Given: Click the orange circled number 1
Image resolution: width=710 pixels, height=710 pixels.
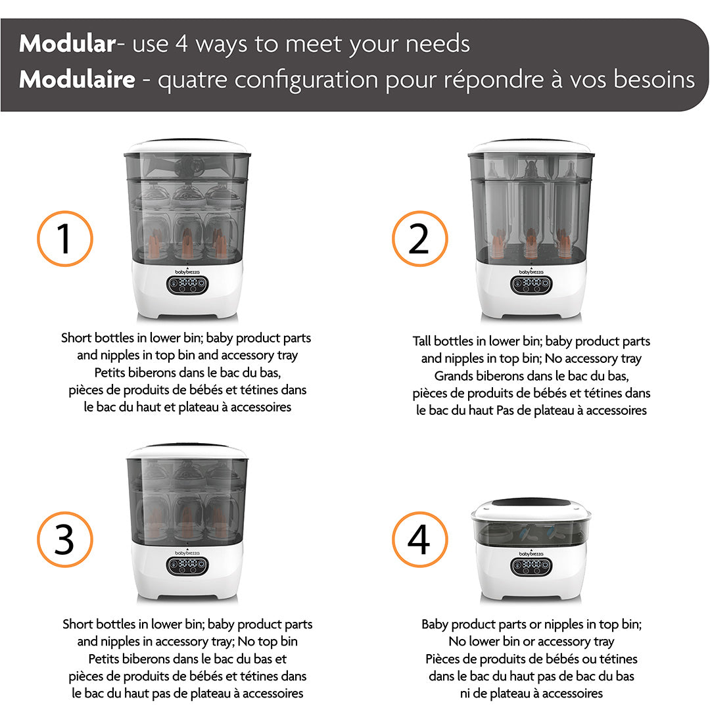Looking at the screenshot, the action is pos(64,239).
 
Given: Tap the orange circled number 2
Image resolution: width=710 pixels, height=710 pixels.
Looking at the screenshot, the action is pos(419,239).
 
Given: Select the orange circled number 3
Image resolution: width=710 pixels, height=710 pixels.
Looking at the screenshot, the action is pos(64,539).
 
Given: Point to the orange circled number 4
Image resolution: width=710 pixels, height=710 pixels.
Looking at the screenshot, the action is pos(419,539).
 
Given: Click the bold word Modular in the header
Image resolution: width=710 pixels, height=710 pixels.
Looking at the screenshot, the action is pos(68,43).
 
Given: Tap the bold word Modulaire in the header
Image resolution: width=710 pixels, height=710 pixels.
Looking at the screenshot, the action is pos(77,80).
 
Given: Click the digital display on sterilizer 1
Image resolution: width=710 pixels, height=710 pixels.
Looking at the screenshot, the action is pos(187,285).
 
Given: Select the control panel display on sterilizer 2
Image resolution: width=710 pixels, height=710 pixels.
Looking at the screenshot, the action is pos(531,285).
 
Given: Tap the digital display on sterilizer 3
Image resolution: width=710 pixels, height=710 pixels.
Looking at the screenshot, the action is pos(187,565).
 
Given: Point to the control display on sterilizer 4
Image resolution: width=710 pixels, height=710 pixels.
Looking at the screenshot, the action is pos(531,565).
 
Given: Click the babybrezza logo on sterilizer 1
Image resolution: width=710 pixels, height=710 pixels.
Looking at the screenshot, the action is pos(187,272).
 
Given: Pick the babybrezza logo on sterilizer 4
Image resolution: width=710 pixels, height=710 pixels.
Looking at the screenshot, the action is pos(531,554).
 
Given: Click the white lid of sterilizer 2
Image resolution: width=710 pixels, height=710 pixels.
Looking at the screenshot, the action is pos(531,147).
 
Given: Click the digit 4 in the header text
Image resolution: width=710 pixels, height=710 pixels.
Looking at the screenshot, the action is pos(181,44).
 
